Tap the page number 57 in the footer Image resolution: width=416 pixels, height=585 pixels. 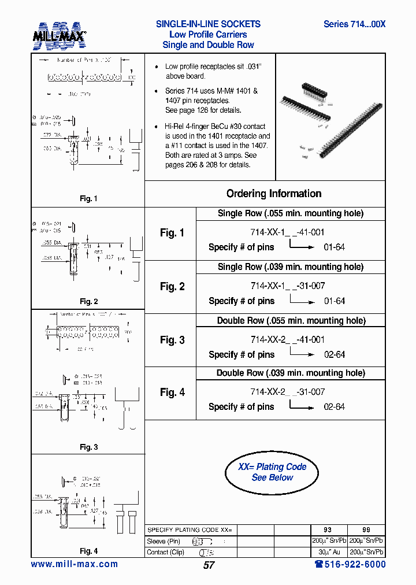point(209,565)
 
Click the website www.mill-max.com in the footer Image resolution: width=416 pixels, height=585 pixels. point(74,564)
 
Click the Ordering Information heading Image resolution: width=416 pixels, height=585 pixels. point(274,194)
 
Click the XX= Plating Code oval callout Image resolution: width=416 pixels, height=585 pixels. point(272,472)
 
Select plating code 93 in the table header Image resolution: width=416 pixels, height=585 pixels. point(327,530)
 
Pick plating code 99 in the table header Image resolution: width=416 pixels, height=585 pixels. point(366,530)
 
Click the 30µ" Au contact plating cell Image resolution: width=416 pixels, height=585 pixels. point(327,551)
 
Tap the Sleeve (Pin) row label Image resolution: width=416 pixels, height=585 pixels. point(164,542)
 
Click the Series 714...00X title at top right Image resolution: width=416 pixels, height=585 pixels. point(354,24)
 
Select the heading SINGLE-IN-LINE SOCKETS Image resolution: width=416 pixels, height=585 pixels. point(208,24)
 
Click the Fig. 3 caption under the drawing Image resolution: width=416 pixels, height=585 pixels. point(88,447)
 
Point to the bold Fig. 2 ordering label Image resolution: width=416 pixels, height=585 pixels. point(172,287)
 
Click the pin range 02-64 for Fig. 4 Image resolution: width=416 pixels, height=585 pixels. point(334,407)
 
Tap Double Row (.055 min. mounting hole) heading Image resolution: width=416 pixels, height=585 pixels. point(291,320)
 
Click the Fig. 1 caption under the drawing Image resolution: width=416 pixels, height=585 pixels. point(88,199)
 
